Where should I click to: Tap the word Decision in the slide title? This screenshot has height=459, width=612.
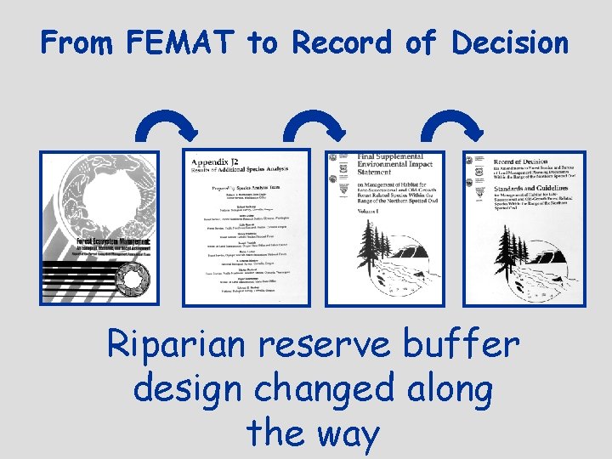(x=510, y=42)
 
